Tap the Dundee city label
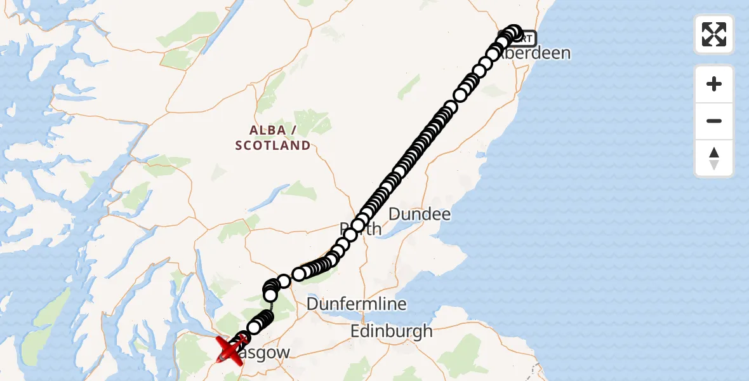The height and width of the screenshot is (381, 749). (419, 214)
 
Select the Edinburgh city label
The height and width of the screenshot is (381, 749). (391, 331)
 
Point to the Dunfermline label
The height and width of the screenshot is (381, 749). (356, 304)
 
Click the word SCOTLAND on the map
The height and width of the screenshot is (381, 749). (273, 145)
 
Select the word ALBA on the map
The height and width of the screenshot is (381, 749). (268, 130)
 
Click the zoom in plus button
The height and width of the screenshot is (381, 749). (714, 84)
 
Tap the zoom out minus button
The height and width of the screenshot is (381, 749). (714, 121)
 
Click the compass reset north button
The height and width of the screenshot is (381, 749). (714, 158)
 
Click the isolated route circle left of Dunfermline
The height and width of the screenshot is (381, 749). (284, 280)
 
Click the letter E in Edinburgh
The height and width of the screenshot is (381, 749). (357, 331)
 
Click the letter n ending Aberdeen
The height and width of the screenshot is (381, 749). (565, 53)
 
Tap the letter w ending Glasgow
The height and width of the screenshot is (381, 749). (283, 352)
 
